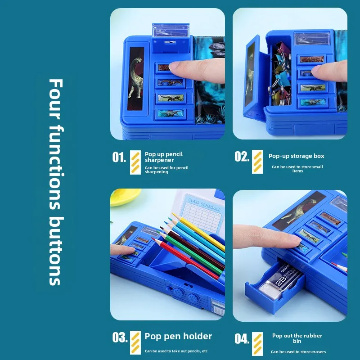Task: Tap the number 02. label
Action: click(x=242, y=156)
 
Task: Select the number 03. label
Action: click(x=119, y=337)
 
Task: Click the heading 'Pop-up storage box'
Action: click(x=296, y=156)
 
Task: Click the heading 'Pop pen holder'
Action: click(x=178, y=336)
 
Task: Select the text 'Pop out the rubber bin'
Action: click(x=297, y=338)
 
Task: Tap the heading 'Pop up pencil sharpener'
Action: click(x=164, y=157)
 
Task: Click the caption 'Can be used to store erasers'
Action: click(x=298, y=351)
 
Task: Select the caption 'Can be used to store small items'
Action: click(x=297, y=169)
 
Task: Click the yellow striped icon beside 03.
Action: click(x=135, y=343)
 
